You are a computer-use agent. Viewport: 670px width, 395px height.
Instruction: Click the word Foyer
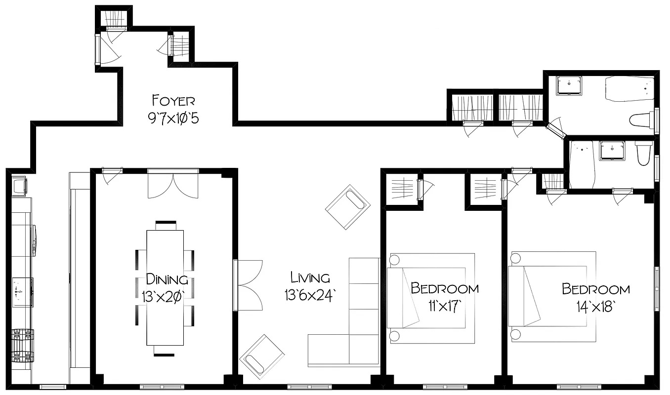173,101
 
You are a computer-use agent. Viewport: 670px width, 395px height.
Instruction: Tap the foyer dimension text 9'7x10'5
173,119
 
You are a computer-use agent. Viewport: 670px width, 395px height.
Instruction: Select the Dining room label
167,279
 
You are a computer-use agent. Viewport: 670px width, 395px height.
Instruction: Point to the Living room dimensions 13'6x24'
310,295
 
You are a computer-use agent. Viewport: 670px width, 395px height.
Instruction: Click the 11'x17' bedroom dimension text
445,306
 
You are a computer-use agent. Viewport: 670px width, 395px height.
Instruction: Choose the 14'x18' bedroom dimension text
595,306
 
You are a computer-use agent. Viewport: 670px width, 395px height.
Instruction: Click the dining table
165,288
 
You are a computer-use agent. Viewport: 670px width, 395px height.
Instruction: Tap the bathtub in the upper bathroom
629,89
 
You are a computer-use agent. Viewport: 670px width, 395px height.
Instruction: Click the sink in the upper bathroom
569,85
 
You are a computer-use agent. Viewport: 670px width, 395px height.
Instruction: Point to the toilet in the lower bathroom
644,153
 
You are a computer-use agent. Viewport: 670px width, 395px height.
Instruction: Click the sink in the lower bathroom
612,150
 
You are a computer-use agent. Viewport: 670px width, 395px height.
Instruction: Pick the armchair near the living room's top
348,207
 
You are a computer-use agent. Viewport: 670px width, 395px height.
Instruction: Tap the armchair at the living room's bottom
261,356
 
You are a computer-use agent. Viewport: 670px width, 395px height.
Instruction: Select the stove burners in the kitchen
23,345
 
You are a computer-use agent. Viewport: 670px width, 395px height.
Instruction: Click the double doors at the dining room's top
172,184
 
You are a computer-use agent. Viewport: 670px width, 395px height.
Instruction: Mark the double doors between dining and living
249,285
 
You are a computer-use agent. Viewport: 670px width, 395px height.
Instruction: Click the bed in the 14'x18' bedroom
552,296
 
